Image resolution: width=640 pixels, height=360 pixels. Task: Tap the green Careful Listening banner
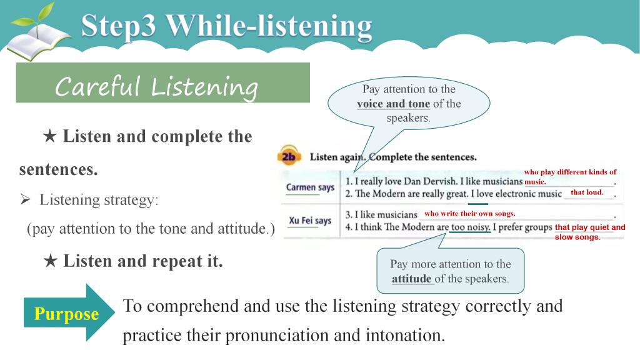[163, 82]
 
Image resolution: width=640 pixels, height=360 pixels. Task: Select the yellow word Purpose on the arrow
[66, 314]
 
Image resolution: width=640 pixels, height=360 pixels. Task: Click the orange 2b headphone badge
[289, 156]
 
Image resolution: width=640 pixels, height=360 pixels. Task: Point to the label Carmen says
[310, 187]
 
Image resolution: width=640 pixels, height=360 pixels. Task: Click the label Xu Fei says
[310, 221]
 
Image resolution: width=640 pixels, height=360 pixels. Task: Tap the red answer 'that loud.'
[587, 192]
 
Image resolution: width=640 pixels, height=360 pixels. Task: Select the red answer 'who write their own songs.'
[470, 214]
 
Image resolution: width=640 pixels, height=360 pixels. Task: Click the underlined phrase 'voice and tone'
[394, 104]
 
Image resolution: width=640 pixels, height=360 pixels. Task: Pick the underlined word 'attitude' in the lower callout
[411, 279]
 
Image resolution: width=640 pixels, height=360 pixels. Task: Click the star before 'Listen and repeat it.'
[50, 261]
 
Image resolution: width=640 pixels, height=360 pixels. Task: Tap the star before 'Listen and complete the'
[50, 136]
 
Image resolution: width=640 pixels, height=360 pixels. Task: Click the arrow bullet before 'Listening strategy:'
[25, 199]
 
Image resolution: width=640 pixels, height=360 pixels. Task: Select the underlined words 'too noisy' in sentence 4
[470, 227]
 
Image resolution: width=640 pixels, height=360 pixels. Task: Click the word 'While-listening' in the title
[269, 26]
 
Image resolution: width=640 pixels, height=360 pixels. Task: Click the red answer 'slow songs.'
[577, 237]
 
